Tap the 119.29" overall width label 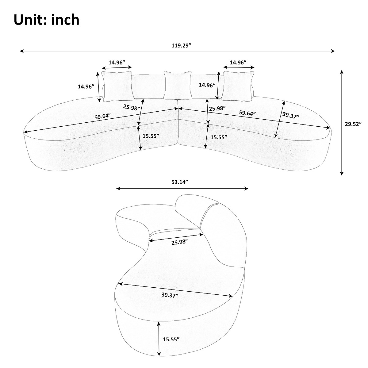(x=181, y=45)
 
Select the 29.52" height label (x=353, y=124)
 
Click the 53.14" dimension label (x=179, y=182)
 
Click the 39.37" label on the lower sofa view (x=170, y=295)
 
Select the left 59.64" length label (x=103, y=117)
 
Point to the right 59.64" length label (x=247, y=113)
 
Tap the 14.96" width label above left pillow (x=117, y=62)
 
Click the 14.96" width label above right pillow (x=238, y=62)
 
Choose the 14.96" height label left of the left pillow (x=86, y=86)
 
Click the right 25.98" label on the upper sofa (x=217, y=108)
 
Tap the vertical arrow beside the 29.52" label (x=342, y=123)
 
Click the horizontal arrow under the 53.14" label (x=182, y=189)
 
